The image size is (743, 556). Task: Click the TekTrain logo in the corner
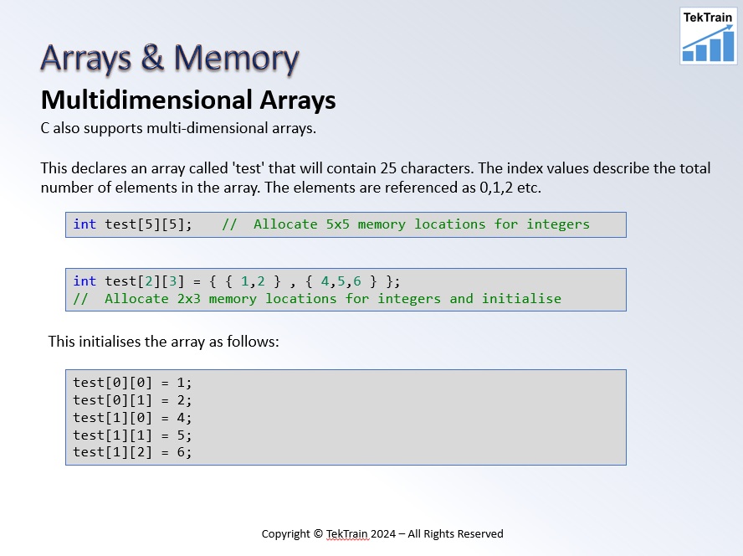point(708,35)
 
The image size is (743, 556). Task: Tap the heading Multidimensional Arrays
point(188,100)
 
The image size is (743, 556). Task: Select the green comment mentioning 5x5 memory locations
point(406,224)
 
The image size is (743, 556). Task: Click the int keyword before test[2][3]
point(85,281)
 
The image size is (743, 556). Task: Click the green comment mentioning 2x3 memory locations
point(317,299)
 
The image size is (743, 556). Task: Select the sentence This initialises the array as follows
point(163,342)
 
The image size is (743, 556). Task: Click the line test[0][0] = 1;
point(132,383)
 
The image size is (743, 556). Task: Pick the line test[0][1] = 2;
point(132,400)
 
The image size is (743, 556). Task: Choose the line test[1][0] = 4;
point(132,418)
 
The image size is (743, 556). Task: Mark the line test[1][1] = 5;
point(132,435)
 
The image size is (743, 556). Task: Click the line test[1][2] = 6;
point(132,453)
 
